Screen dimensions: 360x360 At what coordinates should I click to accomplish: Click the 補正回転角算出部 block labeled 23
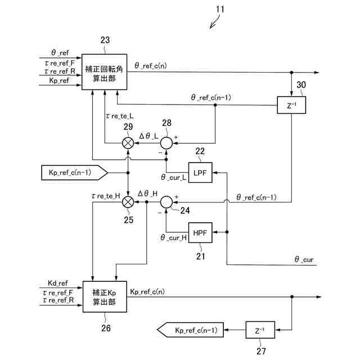[104, 71]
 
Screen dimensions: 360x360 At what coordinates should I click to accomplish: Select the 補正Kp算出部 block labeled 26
[104, 298]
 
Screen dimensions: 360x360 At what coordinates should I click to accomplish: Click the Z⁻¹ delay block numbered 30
[291, 105]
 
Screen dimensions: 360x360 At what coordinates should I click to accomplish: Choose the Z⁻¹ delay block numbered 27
[259, 330]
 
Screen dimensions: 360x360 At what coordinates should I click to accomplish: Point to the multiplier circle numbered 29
[128, 143]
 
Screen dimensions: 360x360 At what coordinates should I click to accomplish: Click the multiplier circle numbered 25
[128, 201]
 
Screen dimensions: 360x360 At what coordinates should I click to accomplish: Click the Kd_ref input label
[58, 283]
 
